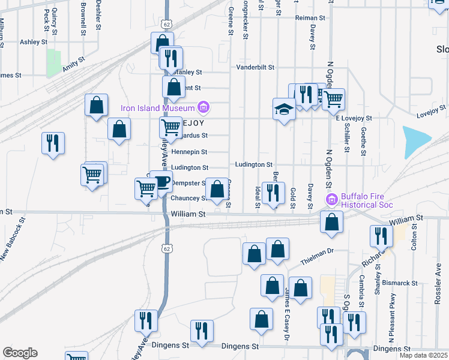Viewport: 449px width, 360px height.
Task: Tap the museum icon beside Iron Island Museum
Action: click(x=203, y=108)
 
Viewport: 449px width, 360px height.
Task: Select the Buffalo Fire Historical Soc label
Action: click(x=367, y=200)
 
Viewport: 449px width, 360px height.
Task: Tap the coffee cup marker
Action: click(x=160, y=182)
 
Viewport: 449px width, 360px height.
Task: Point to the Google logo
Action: click(x=20, y=353)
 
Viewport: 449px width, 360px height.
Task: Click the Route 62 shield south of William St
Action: click(x=167, y=248)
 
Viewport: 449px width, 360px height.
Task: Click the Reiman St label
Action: click(x=310, y=18)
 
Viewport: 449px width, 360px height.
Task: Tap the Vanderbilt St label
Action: click(x=255, y=67)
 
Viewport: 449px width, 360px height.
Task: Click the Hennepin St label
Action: click(x=189, y=152)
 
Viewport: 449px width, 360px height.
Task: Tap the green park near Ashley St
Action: click(x=54, y=62)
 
